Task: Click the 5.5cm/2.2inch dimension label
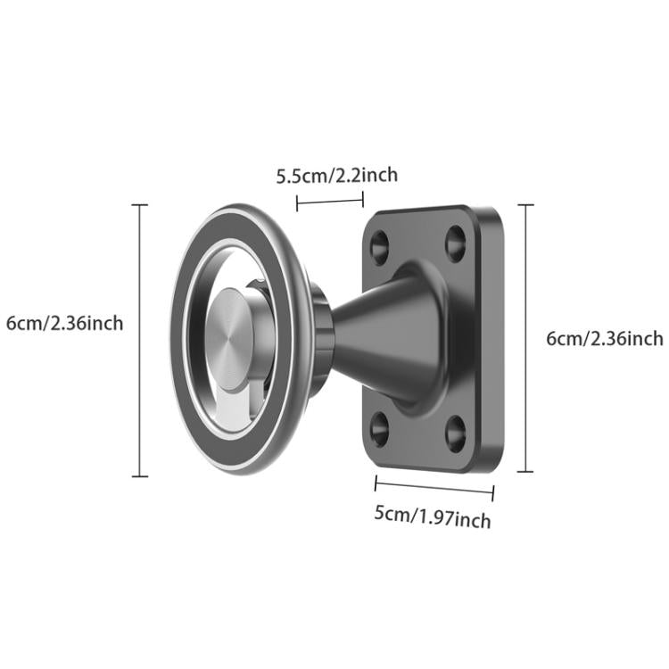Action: point(337,175)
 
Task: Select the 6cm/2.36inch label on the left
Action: point(64,323)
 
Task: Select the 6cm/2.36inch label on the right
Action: point(605,338)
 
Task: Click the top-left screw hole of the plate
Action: point(379,244)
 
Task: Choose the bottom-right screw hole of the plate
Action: point(456,434)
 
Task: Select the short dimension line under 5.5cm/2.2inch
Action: point(330,201)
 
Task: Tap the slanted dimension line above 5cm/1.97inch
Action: point(434,485)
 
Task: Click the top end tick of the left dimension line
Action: point(139,205)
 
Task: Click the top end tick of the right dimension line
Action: point(527,205)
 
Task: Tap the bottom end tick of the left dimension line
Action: point(139,476)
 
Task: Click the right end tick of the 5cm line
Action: point(493,491)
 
